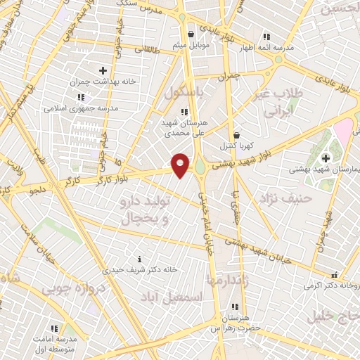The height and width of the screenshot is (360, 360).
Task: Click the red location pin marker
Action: pyautogui.click(x=181, y=165)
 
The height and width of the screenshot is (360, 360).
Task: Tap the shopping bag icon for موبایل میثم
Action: pyautogui.click(x=190, y=34)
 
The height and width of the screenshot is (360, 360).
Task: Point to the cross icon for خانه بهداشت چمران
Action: pyautogui.click(x=103, y=70)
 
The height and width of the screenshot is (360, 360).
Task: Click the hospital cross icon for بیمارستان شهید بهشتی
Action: pyautogui.click(x=326, y=157)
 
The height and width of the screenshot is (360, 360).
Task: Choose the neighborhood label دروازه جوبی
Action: pyautogui.click(x=73, y=288)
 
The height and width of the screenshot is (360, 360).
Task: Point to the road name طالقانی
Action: pyautogui.click(x=166, y=51)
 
